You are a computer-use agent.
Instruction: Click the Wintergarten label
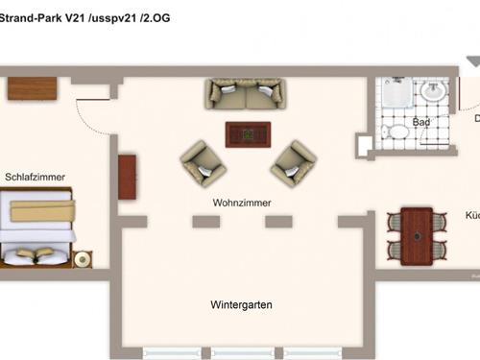coord(241,304)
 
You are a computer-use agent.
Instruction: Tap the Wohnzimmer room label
coord(242,204)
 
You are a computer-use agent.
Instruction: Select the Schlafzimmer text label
coord(35,177)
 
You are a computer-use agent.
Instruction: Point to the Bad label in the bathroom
coord(420,123)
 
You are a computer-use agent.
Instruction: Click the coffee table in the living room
coord(248,134)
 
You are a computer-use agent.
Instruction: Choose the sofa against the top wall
coord(245,93)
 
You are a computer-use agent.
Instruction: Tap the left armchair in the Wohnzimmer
coord(204,163)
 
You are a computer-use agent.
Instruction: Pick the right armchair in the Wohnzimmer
coord(293,163)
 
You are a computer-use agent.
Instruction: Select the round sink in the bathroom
coord(435,91)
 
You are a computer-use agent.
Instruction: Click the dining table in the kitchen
coord(417,234)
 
